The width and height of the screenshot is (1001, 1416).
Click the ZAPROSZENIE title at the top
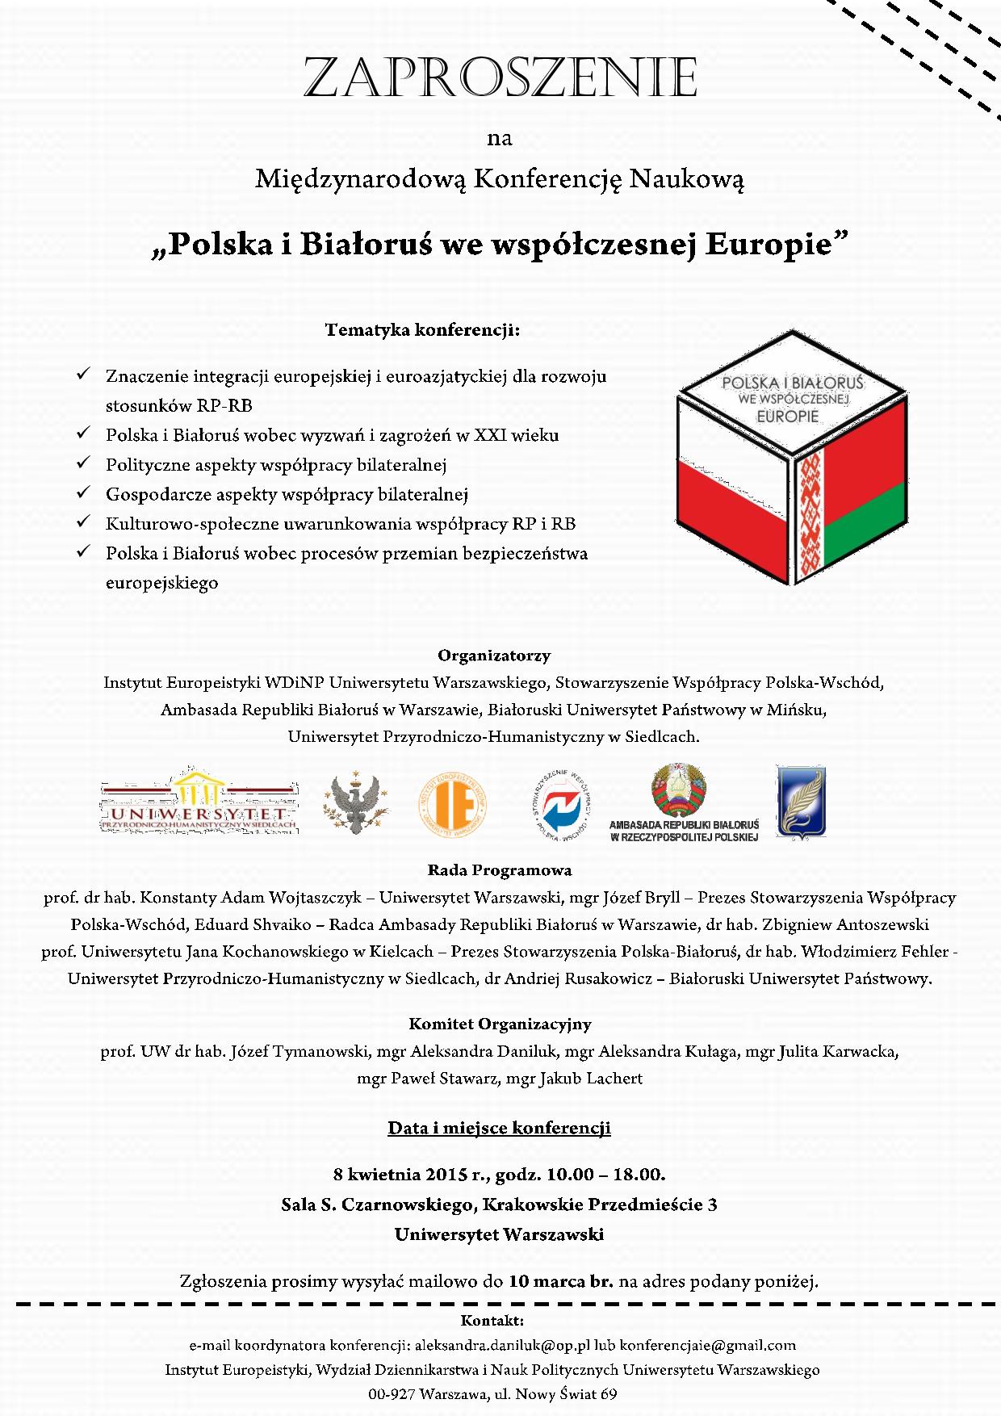500,78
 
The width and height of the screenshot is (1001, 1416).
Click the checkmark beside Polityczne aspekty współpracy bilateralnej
82,463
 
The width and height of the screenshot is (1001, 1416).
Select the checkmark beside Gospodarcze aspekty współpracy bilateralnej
82,492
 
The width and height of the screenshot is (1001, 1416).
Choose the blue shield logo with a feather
800,801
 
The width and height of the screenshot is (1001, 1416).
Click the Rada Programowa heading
500,870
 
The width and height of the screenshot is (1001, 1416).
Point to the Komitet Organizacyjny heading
500,1024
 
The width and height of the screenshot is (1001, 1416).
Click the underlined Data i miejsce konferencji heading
500,1128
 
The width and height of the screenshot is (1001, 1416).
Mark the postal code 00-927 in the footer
392,1394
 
